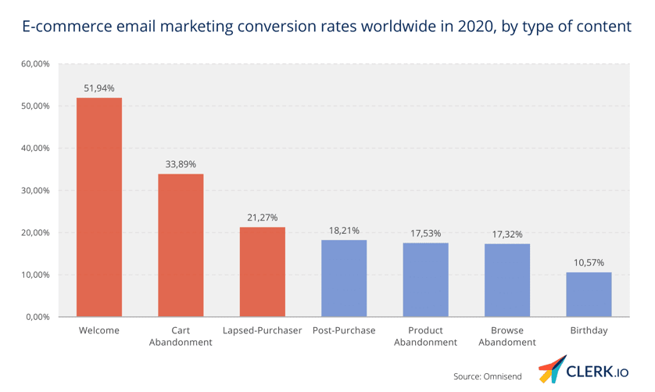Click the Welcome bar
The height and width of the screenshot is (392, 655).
[x=99, y=207]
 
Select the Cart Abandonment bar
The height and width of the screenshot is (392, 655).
[x=181, y=245]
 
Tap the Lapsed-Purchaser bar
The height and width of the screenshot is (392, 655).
[x=263, y=272]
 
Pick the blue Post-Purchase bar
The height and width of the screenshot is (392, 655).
[x=344, y=279]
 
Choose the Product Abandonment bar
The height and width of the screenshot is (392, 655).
[x=426, y=279]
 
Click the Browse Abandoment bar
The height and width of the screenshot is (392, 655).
[x=507, y=280]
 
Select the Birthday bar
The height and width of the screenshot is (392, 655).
[x=589, y=294]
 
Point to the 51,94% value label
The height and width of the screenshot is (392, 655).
[x=99, y=88]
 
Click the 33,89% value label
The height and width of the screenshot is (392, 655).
[x=181, y=164]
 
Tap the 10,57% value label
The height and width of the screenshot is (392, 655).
[x=589, y=263]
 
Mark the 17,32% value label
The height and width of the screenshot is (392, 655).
[x=507, y=234]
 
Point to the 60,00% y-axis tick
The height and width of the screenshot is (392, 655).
[x=35, y=63]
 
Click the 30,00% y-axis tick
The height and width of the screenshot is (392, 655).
[x=35, y=190]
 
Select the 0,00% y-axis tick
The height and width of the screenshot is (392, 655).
[x=38, y=317]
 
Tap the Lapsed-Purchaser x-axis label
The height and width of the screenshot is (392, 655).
[x=263, y=331]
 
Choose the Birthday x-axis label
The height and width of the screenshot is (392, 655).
[x=589, y=331]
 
